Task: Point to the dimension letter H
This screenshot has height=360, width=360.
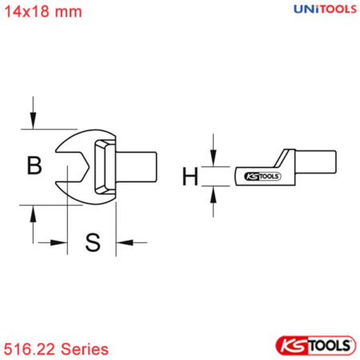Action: [190, 176]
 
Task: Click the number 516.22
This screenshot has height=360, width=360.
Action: [27, 349]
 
